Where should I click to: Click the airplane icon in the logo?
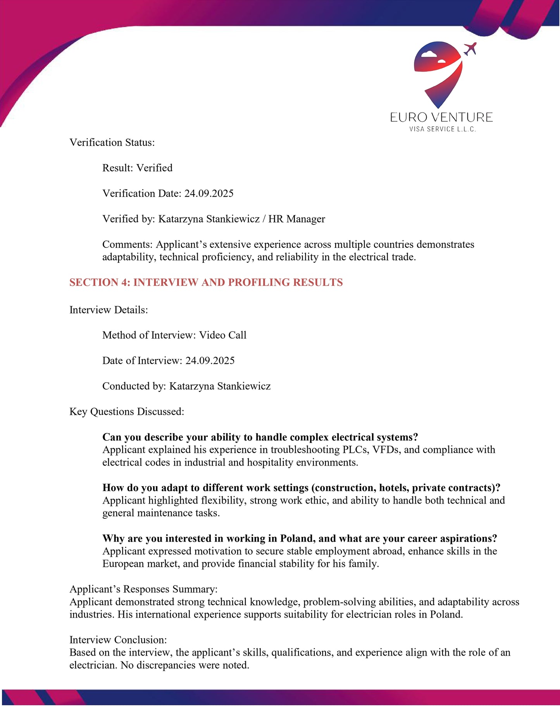[470, 49]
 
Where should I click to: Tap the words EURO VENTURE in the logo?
[441, 117]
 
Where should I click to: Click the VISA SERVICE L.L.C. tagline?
[443, 129]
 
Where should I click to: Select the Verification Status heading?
[112, 143]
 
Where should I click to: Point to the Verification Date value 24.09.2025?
[209, 193]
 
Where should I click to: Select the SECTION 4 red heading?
[206, 282]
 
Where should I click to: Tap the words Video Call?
[223, 335]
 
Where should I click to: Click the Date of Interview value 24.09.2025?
[210, 361]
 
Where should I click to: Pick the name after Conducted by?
[220, 386]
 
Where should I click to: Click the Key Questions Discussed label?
[127, 412]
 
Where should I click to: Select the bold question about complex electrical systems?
[260, 437]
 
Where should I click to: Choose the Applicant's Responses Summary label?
[143, 589]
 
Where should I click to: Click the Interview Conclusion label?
[118, 640]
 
